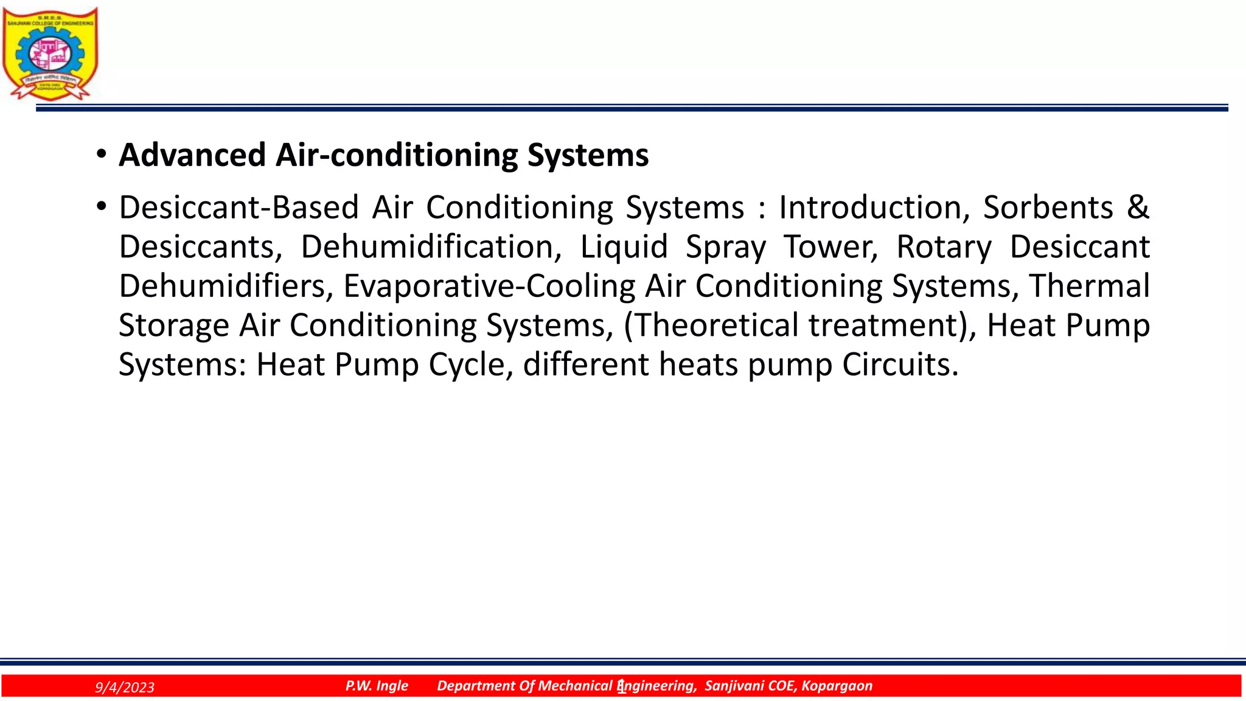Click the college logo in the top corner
50,53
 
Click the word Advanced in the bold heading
192,155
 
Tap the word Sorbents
1048,208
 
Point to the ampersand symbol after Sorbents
1138,208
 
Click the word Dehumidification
431,247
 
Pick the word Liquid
624,247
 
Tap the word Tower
830,247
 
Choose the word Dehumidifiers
226,286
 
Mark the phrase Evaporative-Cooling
489,286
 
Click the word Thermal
1089,286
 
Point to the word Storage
173,326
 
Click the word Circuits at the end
900,365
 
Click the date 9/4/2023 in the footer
125,688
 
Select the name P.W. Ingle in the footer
377,686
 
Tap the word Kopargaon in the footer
837,686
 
